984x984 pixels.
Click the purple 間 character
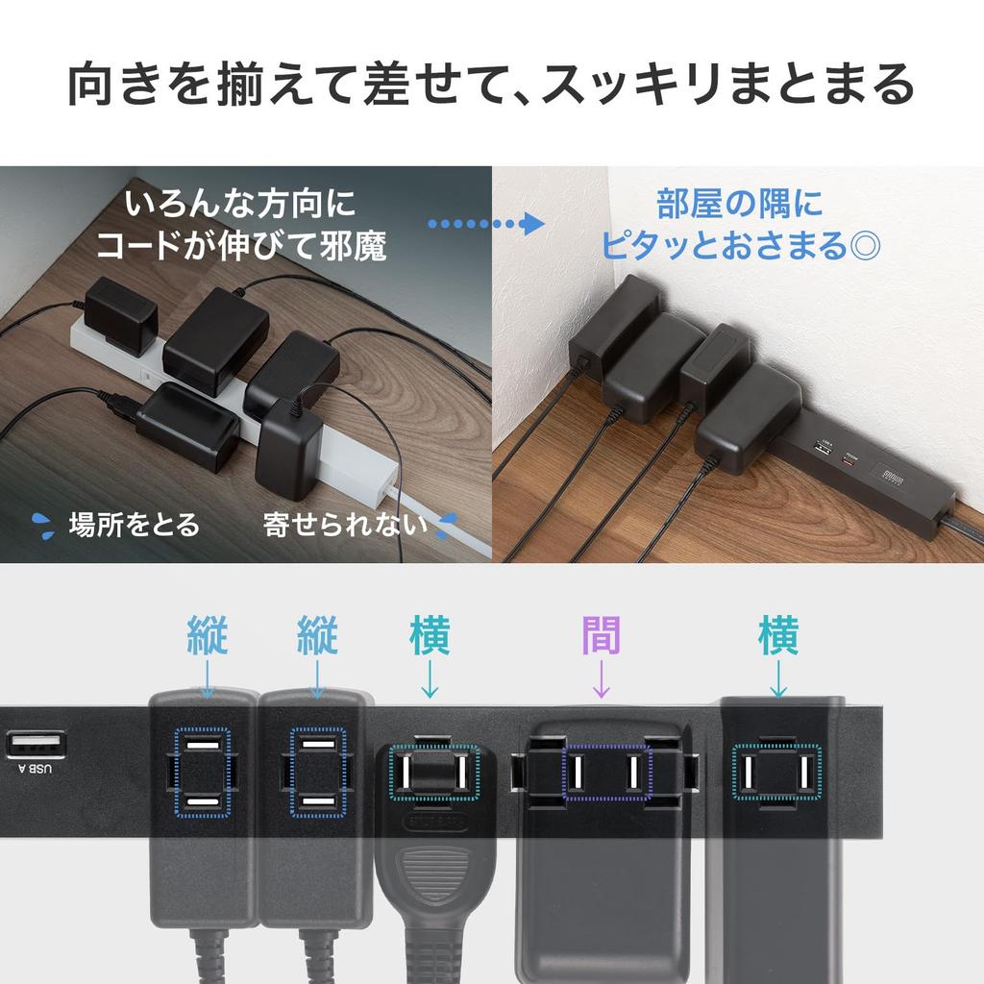pos(602,635)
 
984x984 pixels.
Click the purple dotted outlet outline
pos(606,771)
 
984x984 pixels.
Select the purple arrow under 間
pos(602,679)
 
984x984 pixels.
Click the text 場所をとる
pos(134,525)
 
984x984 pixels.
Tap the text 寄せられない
pos(345,525)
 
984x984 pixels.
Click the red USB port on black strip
pos(847,457)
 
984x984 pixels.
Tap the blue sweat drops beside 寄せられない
pos(447,525)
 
